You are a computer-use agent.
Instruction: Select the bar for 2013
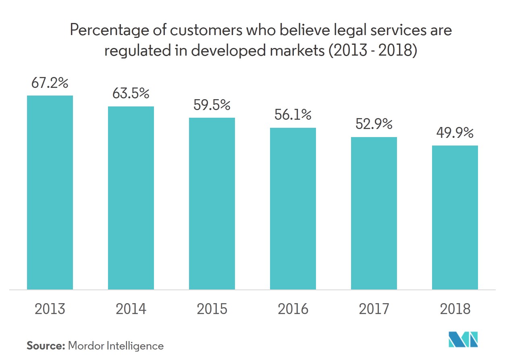coord(50,192)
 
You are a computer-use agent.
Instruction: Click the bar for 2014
coord(131,198)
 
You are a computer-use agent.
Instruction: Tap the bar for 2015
coord(212,203)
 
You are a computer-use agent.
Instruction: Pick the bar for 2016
coord(293,208)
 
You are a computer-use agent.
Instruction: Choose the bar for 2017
coord(374,213)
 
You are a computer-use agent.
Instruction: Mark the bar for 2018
coord(455,217)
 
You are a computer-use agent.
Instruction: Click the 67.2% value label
coord(50,83)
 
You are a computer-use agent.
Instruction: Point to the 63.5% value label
coord(131,94)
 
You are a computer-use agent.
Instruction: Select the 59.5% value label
coord(212,105)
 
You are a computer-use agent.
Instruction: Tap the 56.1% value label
coord(293,115)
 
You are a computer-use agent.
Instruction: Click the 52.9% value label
coord(374,125)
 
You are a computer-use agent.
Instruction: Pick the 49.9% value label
coord(455,133)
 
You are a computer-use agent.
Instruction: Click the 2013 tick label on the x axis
coord(50,309)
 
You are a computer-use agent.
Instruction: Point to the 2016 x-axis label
coord(293,309)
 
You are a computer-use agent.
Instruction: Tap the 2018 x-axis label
coord(455,309)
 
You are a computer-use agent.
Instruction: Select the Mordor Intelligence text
coord(116,345)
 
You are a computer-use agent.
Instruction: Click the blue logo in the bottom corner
coord(463,339)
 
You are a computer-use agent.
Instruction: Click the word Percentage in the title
coord(103,31)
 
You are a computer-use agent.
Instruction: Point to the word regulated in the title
coord(131,52)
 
